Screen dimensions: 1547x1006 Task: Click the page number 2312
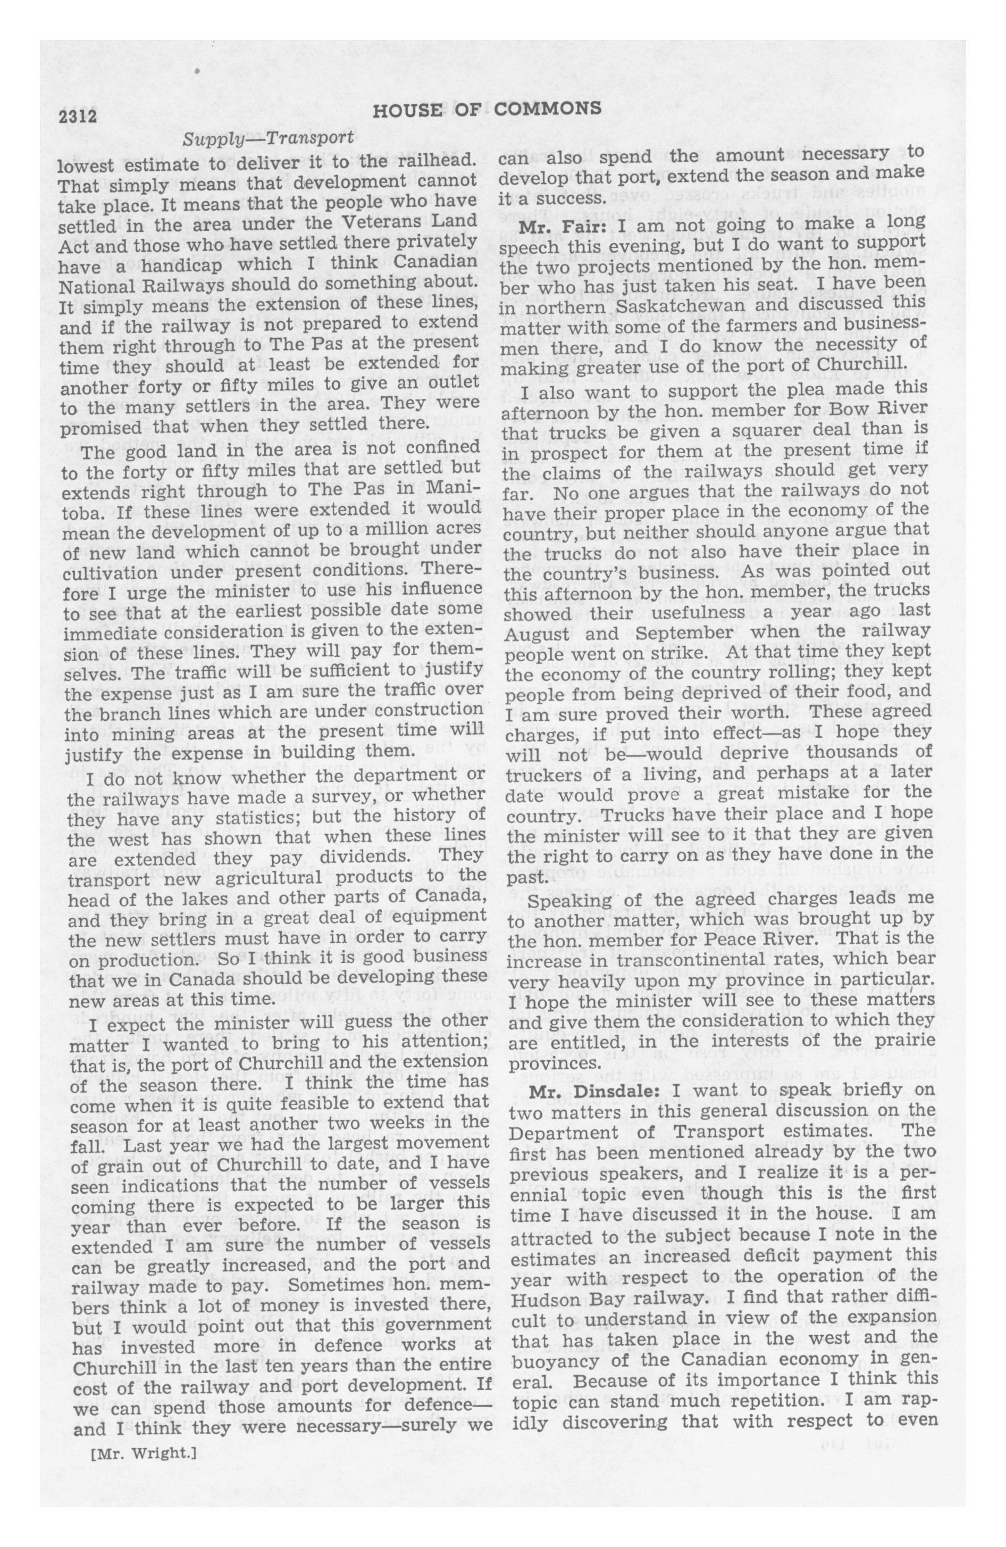[x=77, y=117]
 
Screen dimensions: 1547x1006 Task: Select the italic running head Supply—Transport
[x=269, y=138]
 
